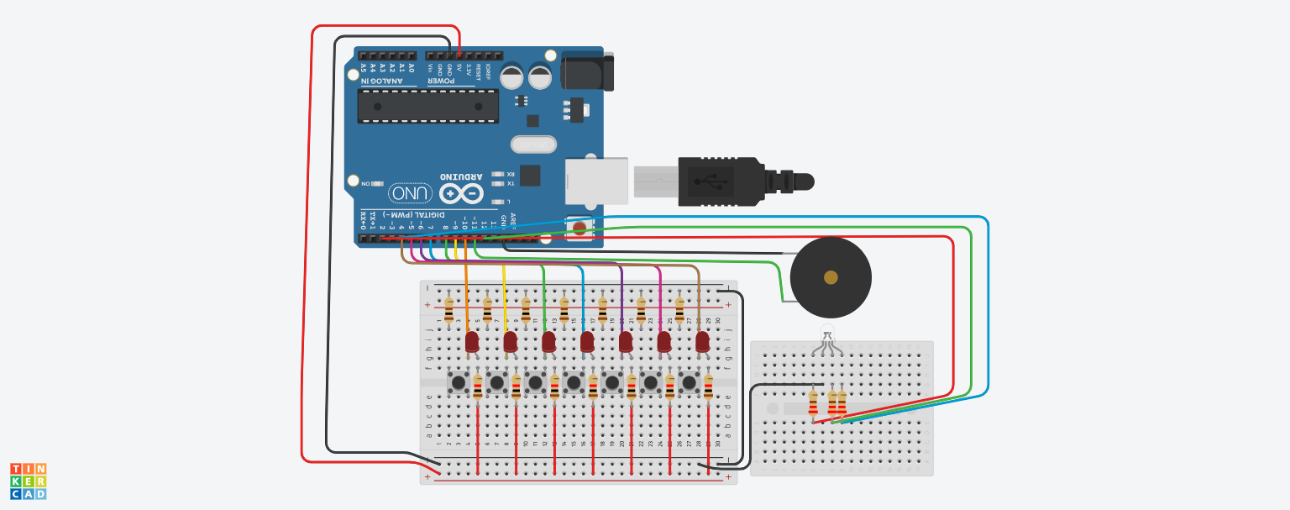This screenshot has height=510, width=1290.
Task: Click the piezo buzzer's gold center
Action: click(x=831, y=277)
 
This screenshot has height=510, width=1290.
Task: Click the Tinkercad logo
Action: click(x=28, y=481)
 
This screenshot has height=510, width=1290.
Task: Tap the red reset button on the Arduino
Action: click(x=579, y=226)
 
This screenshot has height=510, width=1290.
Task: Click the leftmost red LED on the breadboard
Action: click(x=472, y=341)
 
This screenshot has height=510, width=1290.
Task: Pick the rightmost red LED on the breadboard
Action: click(x=703, y=341)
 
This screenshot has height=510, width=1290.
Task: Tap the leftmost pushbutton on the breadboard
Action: click(x=459, y=383)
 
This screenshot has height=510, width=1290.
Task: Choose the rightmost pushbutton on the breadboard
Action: click(x=690, y=383)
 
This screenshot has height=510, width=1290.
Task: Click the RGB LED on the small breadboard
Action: click(x=827, y=334)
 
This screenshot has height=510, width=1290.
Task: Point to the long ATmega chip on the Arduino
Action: click(x=427, y=107)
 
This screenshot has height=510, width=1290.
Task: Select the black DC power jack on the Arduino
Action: click(x=587, y=71)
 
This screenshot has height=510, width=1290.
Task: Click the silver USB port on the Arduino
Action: click(x=596, y=181)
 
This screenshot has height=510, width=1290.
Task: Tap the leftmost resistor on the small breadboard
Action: click(x=812, y=402)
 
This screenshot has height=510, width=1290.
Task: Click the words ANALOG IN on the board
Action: click(x=383, y=81)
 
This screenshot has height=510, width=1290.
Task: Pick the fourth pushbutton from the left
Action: click(x=574, y=383)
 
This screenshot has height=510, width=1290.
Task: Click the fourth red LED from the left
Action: click(x=587, y=341)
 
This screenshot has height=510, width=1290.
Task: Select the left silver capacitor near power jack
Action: click(x=512, y=76)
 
